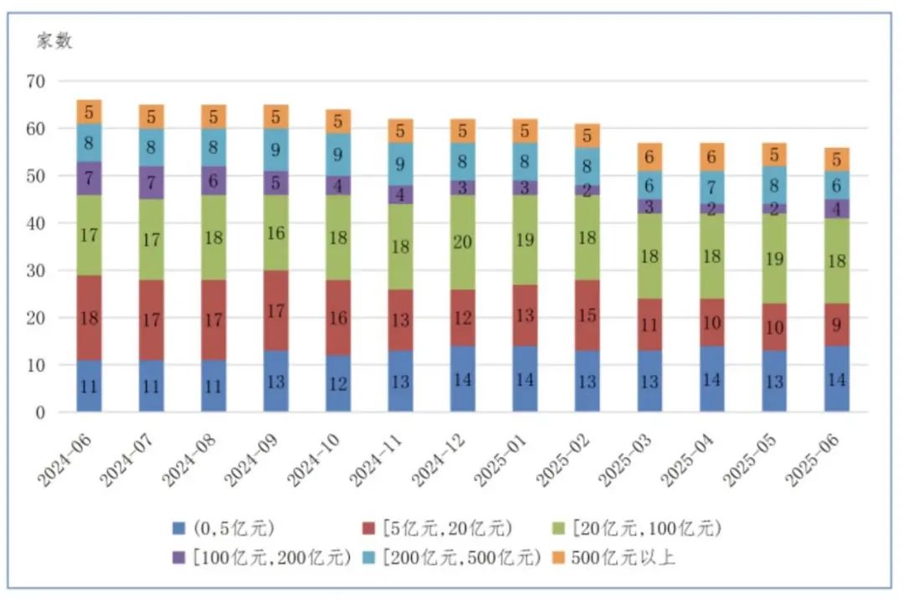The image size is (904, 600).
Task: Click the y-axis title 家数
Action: click(x=54, y=40)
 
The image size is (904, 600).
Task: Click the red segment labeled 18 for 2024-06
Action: click(x=89, y=318)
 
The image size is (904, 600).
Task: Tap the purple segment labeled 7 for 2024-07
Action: click(x=152, y=182)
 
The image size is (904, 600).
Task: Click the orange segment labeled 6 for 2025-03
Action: click(x=650, y=156)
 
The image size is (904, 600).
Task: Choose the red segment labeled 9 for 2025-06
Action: click(x=836, y=323)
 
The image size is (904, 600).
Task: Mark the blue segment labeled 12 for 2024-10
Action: click(x=338, y=383)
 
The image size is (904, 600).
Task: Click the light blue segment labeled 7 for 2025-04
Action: click(x=711, y=186)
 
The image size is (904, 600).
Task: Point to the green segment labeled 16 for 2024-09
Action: click(x=276, y=233)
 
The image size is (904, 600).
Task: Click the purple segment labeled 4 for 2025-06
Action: click(x=836, y=208)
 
